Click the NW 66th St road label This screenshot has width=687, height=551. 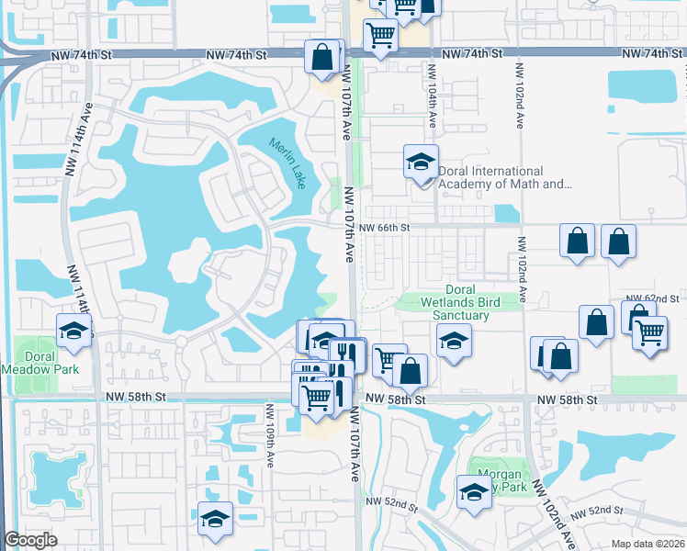(383, 227)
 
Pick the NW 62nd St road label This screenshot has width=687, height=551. (651, 299)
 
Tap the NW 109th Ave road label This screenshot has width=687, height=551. (271, 431)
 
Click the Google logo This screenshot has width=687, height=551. (30, 540)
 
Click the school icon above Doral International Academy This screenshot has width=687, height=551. (421, 163)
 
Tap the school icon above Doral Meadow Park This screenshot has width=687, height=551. (74, 331)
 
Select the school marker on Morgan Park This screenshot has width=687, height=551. (474, 492)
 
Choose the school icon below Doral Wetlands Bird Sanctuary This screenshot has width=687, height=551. (453, 343)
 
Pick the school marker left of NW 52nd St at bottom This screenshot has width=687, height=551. (215, 518)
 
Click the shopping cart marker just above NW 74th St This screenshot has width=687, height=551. (379, 36)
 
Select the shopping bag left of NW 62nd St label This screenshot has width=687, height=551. (597, 322)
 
